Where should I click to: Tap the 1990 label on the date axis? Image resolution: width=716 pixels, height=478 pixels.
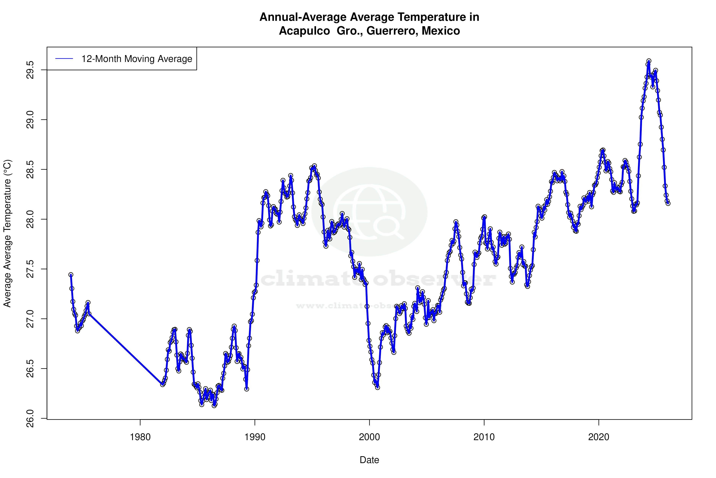point(255,437)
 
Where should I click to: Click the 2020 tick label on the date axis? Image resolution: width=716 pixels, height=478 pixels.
point(599,437)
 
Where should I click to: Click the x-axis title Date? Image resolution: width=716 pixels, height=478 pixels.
point(369,460)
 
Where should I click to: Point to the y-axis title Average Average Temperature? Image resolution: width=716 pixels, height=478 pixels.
point(7,233)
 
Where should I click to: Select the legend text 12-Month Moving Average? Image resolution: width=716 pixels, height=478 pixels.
point(137,59)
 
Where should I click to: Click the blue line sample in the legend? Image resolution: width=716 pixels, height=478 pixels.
point(64,59)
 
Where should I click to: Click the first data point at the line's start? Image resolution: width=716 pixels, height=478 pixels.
point(71,275)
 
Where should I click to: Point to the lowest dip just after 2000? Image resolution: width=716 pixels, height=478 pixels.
point(377,387)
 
